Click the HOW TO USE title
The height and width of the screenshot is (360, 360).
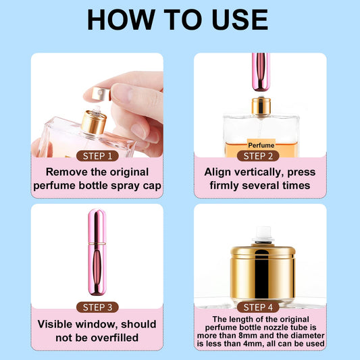pos(180,20)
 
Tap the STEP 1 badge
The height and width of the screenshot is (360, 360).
pos(97,156)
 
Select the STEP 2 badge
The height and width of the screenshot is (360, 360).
pos(260,156)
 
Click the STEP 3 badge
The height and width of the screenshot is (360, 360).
pos(97,307)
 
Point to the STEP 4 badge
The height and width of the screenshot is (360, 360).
pos(260,307)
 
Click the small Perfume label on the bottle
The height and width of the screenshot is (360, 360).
pos(261,145)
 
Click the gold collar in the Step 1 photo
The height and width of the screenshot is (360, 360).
pos(93,122)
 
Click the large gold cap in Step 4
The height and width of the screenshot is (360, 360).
pos(263,274)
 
